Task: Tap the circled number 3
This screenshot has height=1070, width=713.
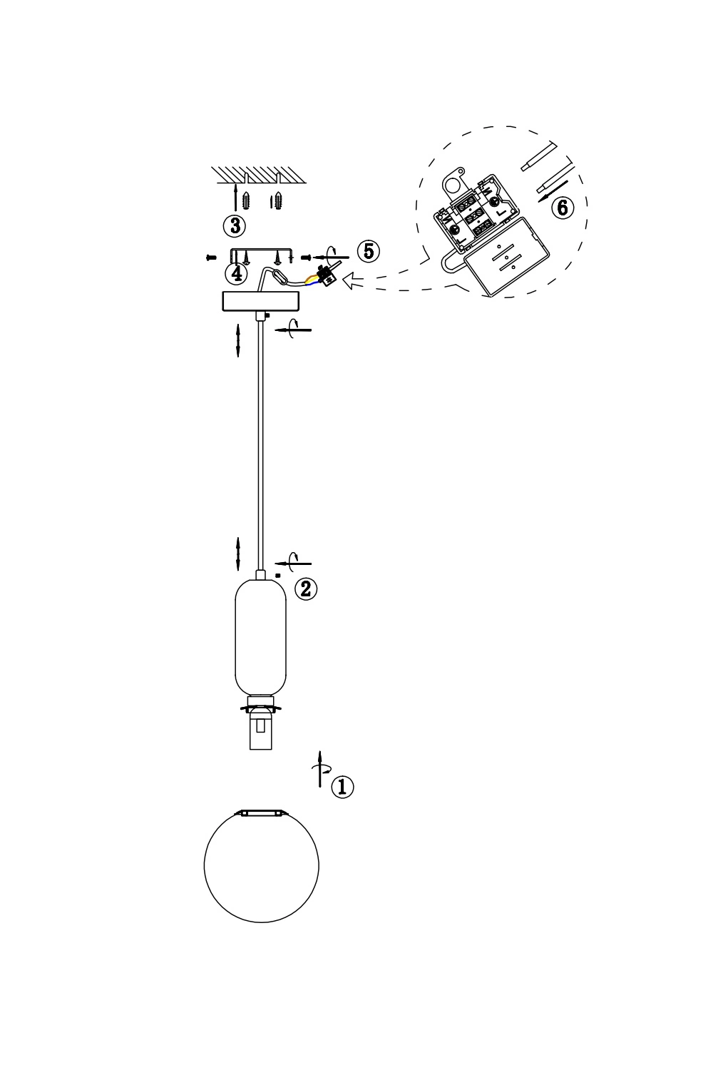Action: (235, 225)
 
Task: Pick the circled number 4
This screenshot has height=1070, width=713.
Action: (237, 273)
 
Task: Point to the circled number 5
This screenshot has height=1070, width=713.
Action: (369, 251)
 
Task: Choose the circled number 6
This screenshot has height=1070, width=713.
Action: (563, 208)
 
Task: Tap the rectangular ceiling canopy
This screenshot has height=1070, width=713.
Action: (261, 302)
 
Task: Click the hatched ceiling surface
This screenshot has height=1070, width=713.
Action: (259, 174)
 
